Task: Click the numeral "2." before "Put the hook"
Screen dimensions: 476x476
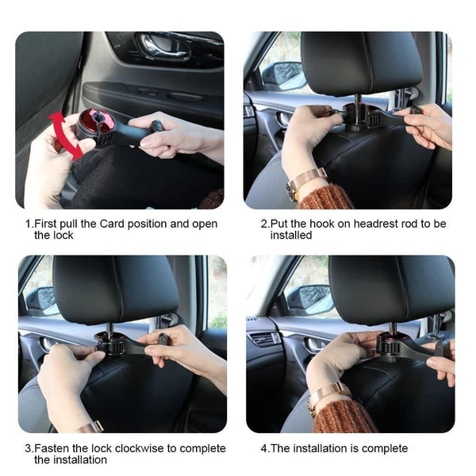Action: pyautogui.click(x=265, y=224)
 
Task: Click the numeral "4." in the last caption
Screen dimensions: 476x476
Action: pyautogui.click(x=265, y=448)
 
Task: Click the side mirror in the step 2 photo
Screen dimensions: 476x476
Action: pyautogui.click(x=282, y=75)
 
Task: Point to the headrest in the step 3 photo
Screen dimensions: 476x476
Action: pyautogui.click(x=116, y=289)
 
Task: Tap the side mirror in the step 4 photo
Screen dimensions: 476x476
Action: pyautogui.click(x=308, y=299)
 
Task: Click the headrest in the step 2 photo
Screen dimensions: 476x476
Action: pyautogui.click(x=362, y=63)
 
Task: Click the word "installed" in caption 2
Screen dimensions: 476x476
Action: pyautogui.click(x=290, y=236)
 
